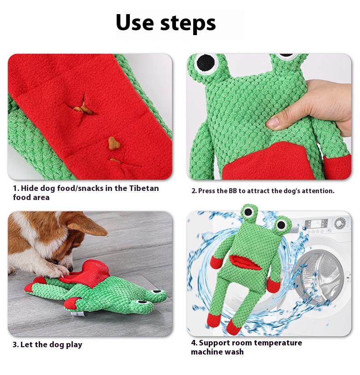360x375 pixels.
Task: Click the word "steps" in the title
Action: [x=188, y=23]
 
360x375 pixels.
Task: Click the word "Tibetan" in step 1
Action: [x=144, y=188]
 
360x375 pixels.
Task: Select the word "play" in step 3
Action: [x=74, y=345]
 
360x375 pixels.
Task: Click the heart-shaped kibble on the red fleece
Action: [x=113, y=143]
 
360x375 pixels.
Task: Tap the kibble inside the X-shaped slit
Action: [x=83, y=108]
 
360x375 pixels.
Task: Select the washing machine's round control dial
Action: [x=340, y=223]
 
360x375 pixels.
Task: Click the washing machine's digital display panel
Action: [x=316, y=224]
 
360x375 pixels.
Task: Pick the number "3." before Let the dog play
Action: [x=15, y=345]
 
